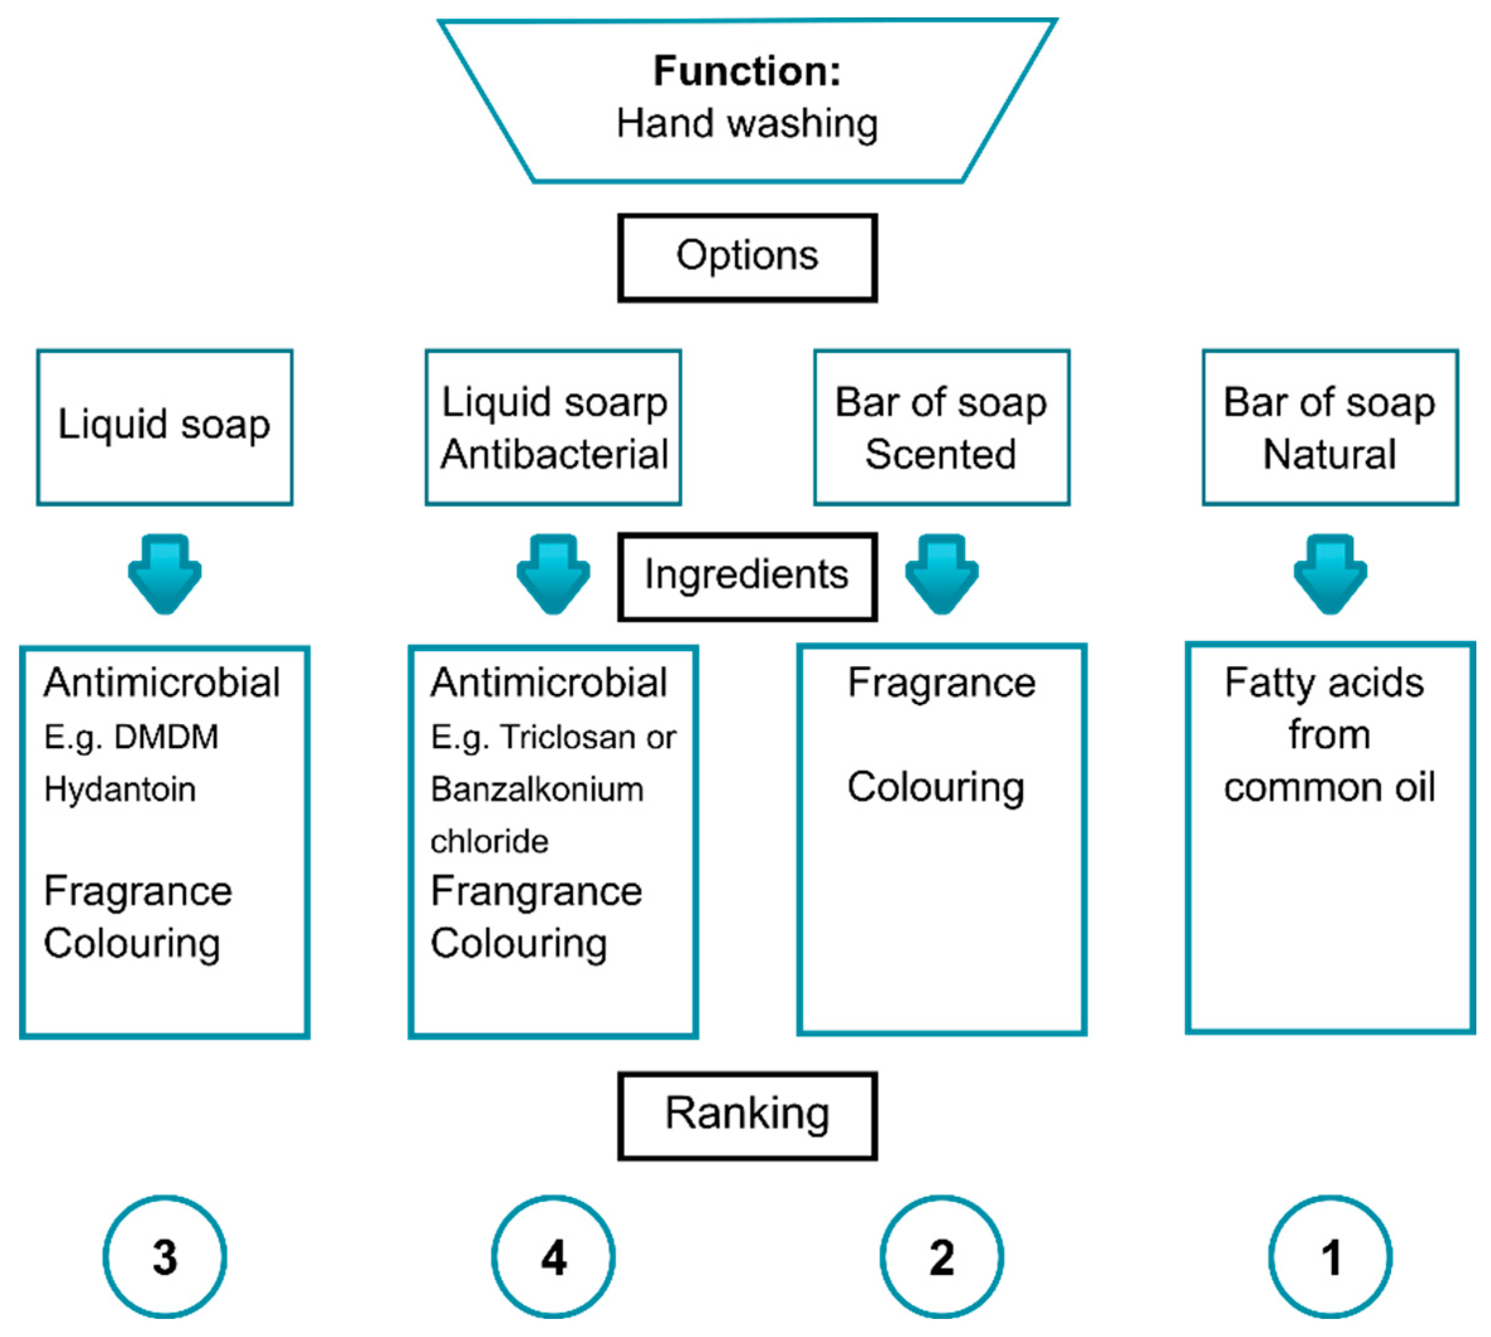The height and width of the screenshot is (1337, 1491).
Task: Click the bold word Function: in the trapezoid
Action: pyautogui.click(x=747, y=71)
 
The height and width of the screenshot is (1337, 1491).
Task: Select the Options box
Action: pyautogui.click(x=747, y=257)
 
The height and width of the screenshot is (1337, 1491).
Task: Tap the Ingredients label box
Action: pyautogui.click(x=747, y=575)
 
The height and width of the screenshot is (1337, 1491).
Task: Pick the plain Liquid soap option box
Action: pyautogui.click(x=165, y=427)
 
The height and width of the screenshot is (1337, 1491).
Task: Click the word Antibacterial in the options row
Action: pyautogui.click(x=554, y=454)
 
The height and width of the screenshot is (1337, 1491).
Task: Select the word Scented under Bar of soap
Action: pyautogui.click(x=941, y=454)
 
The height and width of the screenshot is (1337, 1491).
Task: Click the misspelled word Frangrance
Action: pyautogui.click(x=536, y=892)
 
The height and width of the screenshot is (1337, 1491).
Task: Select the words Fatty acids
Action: pyautogui.click(x=1323, y=683)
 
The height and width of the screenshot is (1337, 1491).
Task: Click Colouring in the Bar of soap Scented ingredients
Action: pyautogui.click(x=935, y=788)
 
